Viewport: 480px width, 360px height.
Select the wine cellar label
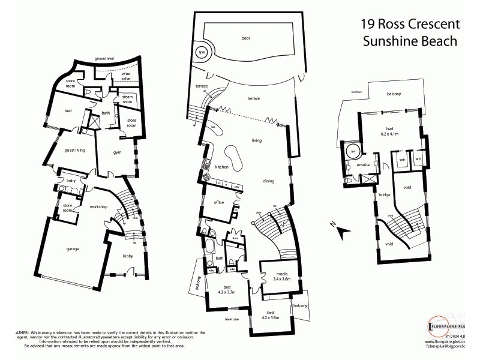(x=126, y=76)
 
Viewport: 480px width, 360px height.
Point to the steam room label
(x=127, y=99)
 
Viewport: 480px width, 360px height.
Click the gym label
(x=117, y=152)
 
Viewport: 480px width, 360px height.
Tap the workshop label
(x=98, y=206)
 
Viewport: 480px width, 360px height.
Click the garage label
(x=73, y=248)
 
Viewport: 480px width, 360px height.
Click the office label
(x=218, y=202)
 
